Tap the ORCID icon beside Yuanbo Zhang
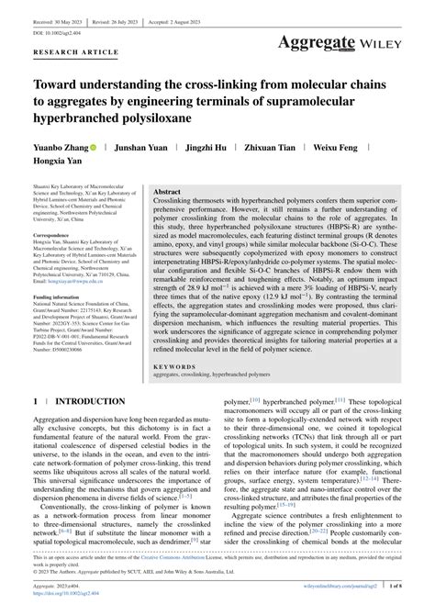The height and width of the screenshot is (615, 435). (94, 146)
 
